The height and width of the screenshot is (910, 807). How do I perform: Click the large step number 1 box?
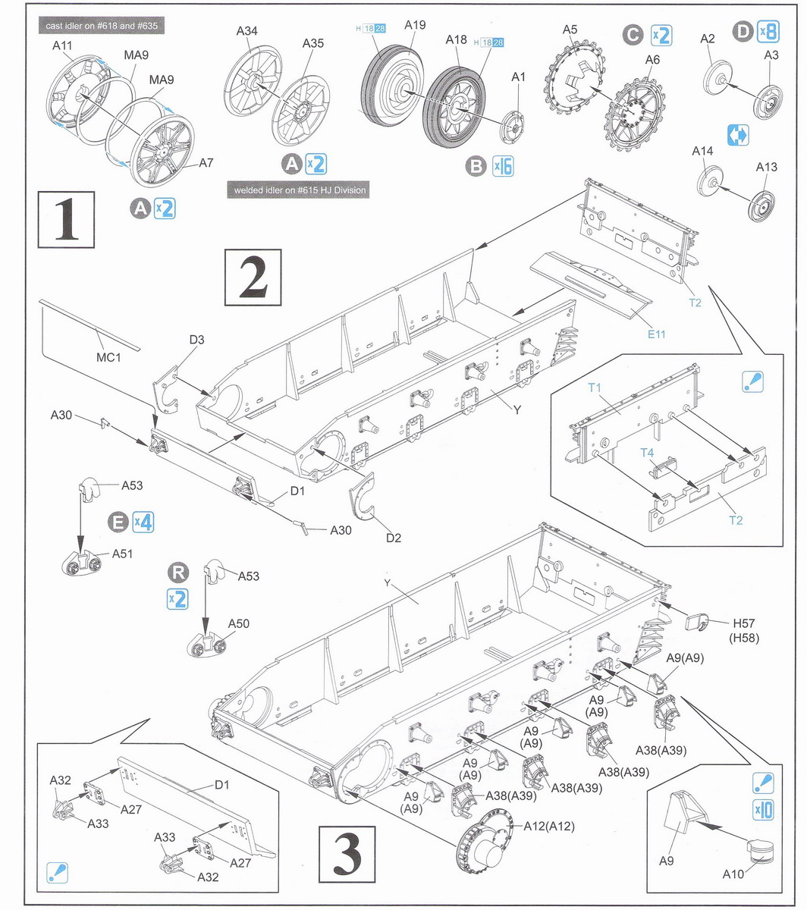[x=67, y=219]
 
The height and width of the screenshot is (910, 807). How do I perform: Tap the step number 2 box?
[x=253, y=277]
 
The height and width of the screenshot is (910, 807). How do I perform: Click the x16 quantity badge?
[x=502, y=166]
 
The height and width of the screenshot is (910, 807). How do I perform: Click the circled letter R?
[x=176, y=571]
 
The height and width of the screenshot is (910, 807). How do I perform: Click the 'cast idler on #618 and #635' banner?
[x=101, y=26]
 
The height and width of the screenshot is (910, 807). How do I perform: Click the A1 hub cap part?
[x=513, y=126]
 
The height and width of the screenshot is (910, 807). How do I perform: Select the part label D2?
[x=393, y=538]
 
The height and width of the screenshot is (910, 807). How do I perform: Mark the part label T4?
[x=647, y=453]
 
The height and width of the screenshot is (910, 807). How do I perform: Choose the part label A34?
[x=246, y=31]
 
